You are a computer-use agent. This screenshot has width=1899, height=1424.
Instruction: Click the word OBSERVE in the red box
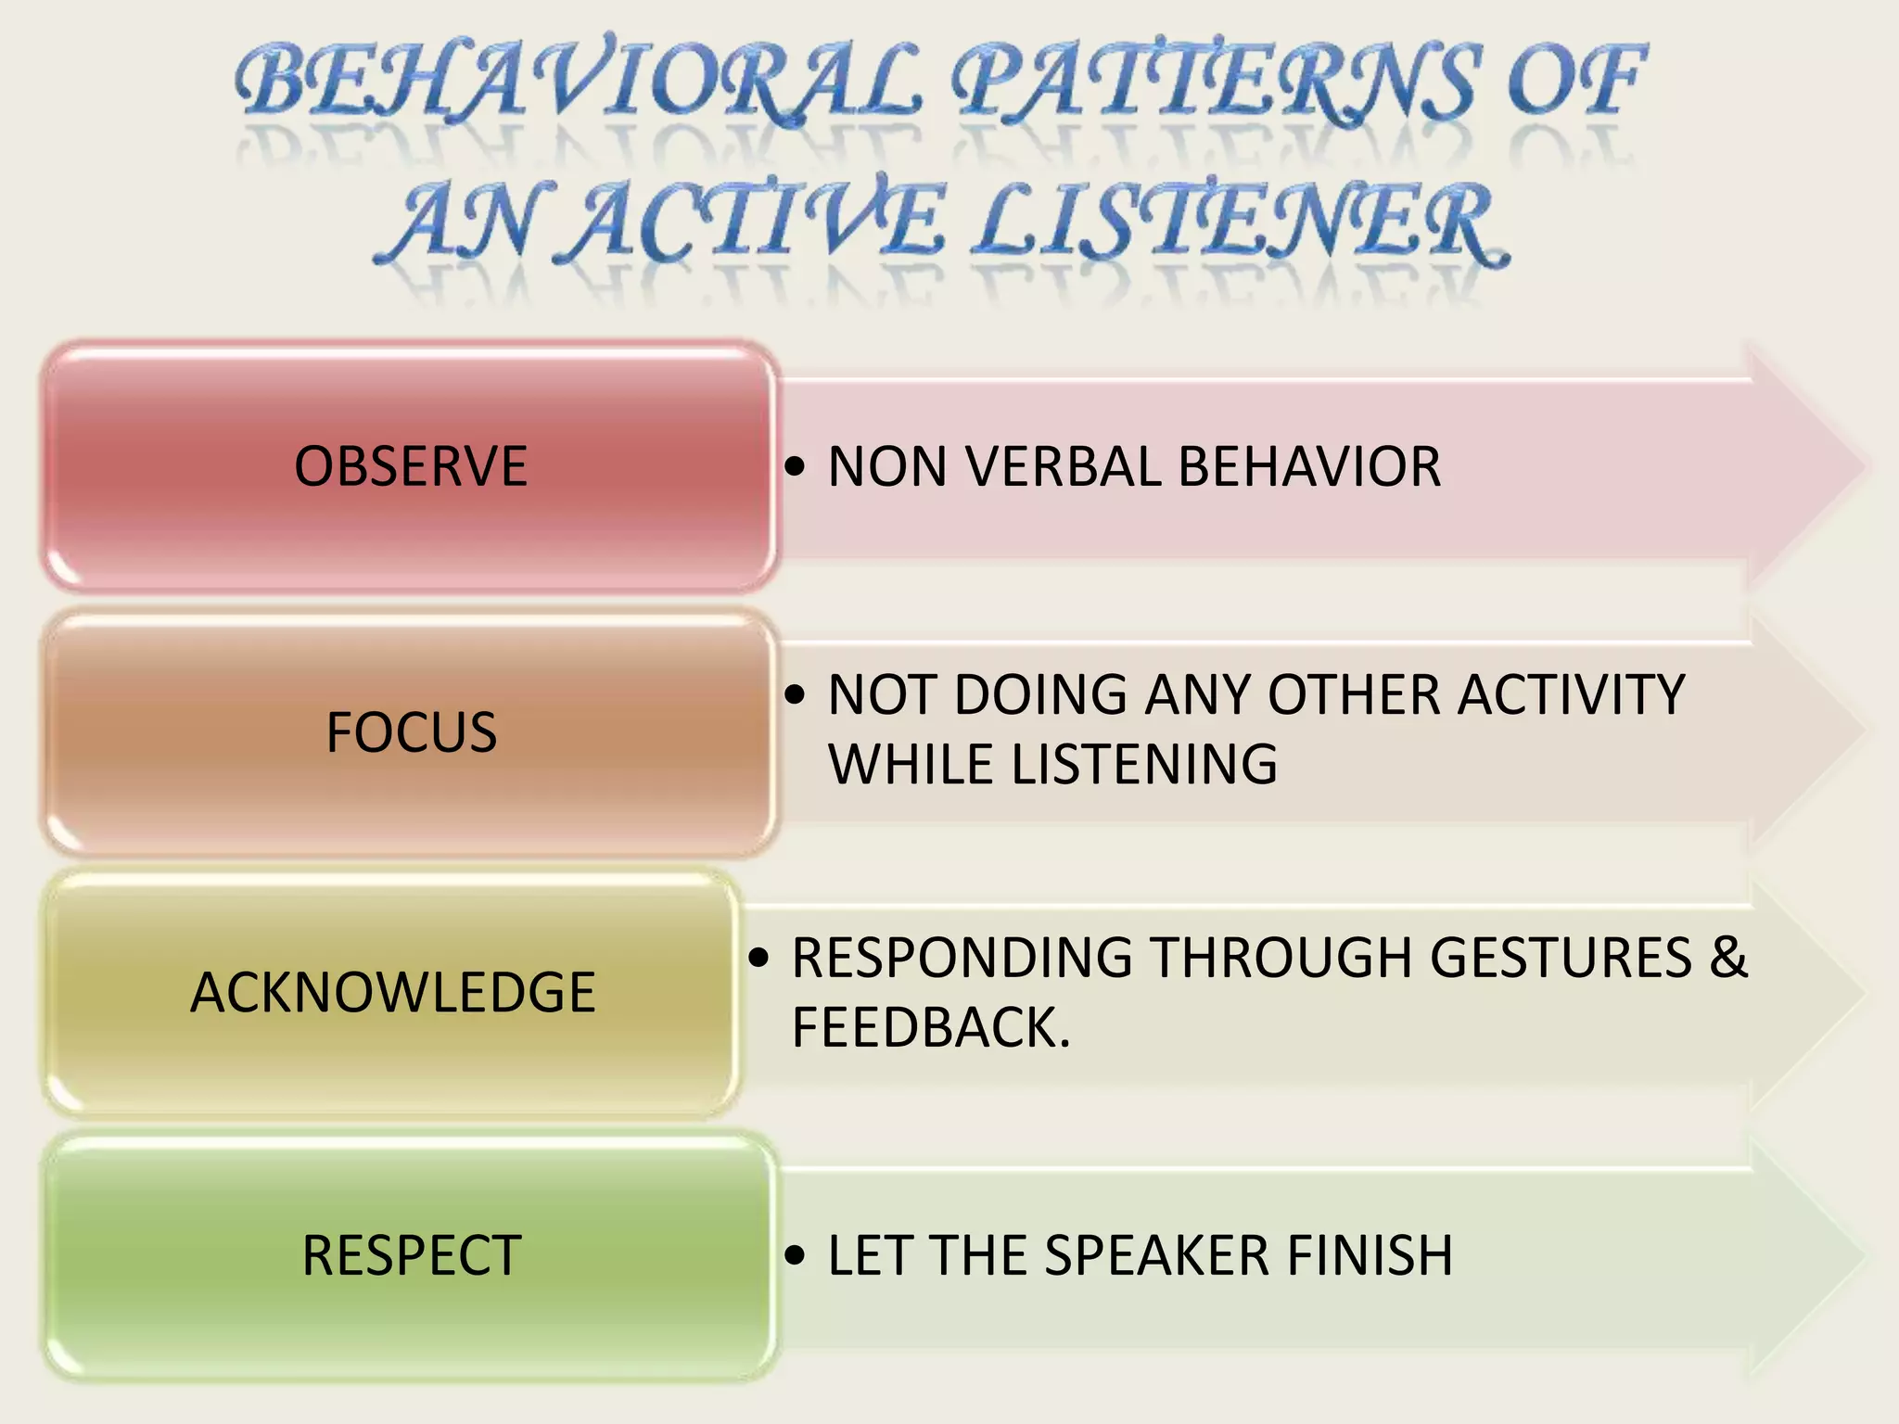411,466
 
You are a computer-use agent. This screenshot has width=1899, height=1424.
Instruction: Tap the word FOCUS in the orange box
411,732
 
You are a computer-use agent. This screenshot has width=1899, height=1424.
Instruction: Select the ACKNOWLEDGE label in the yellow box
392,993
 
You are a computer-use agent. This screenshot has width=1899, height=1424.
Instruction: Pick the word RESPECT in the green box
411,1256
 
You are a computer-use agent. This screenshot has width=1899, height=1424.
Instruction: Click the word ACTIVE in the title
760,222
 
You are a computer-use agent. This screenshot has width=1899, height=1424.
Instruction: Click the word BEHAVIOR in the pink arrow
1308,466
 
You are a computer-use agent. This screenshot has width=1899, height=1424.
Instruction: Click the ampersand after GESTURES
1728,958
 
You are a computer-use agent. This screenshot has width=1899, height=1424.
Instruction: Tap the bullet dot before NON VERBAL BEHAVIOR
795,466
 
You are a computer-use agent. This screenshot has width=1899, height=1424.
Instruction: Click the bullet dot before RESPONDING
759,958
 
